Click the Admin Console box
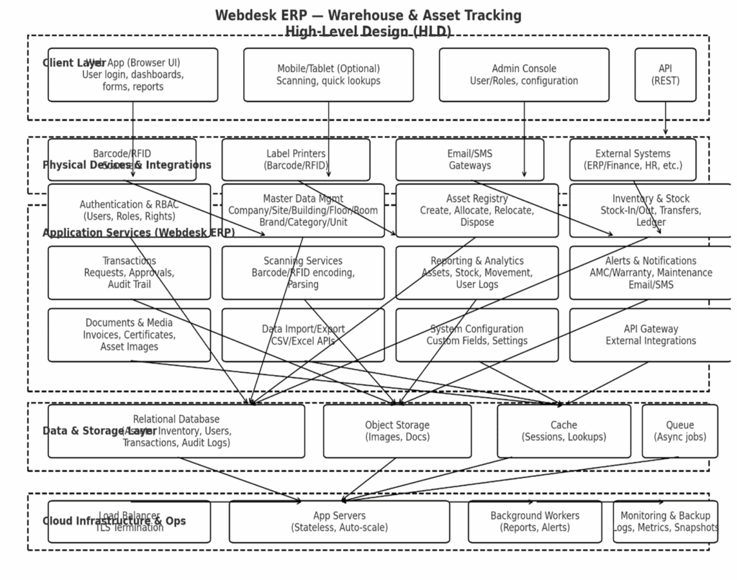pyautogui.click(x=524, y=75)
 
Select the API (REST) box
pyautogui.click(x=665, y=75)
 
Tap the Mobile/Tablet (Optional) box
pyautogui.click(x=328, y=75)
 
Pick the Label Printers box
pyautogui.click(x=296, y=160)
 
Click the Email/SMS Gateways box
pyautogui.click(x=470, y=160)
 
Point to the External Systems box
pyautogui.click(x=633, y=160)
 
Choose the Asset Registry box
pyautogui.click(x=476, y=210)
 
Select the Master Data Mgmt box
pyautogui.click(x=303, y=210)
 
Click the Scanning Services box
pyautogui.click(x=303, y=273)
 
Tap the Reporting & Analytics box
pyautogui.click(x=476, y=273)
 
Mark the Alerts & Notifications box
pyautogui.click(x=651, y=273)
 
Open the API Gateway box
pyautogui.click(x=651, y=335)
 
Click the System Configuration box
pyautogui.click(x=476, y=335)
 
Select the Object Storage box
pyautogui.click(x=397, y=431)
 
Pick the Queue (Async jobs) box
pyautogui.click(x=679, y=431)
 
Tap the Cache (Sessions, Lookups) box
pyautogui.click(x=564, y=431)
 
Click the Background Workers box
pyautogui.click(x=535, y=522)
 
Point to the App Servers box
pyautogui.click(x=339, y=522)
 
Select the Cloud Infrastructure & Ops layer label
pyautogui.click(x=114, y=521)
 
